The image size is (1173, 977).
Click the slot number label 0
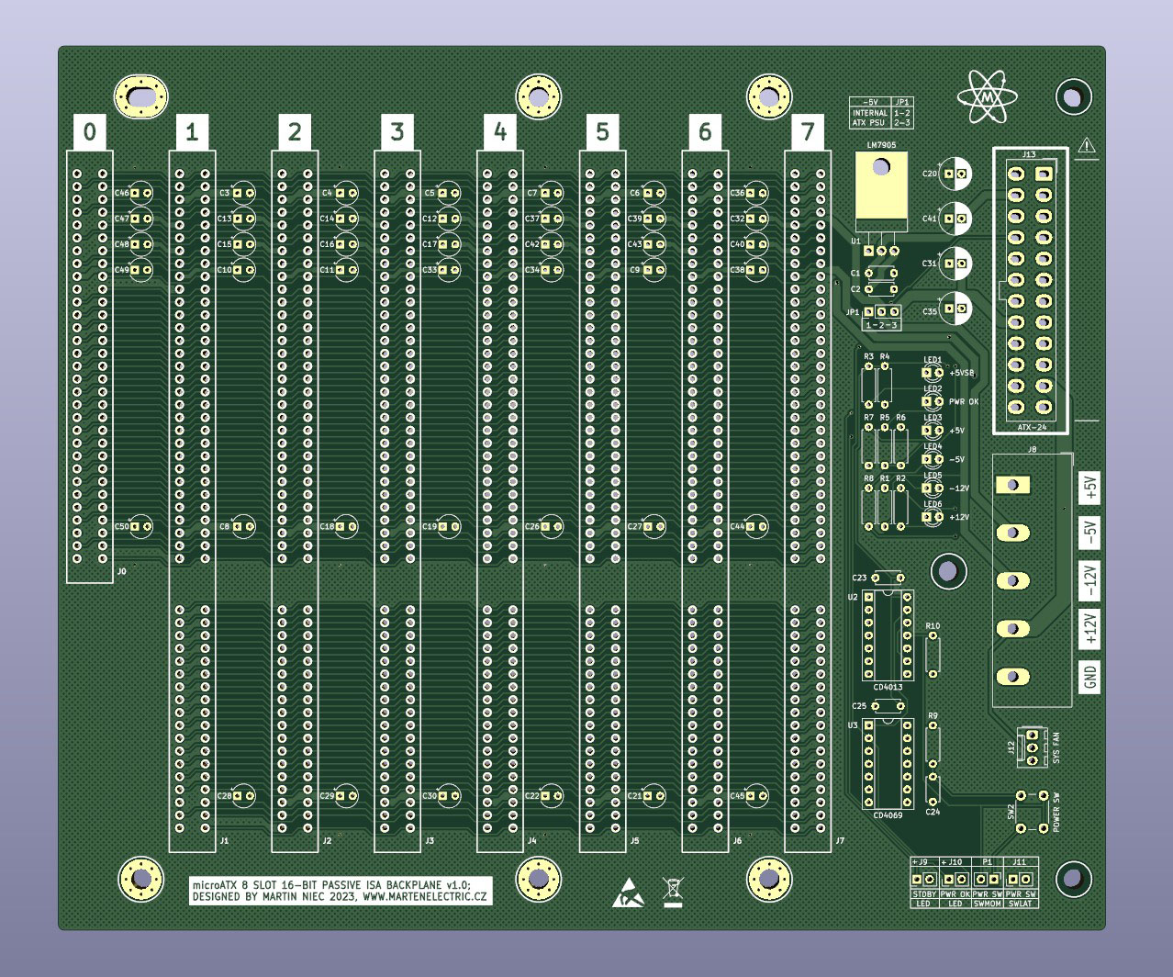click(89, 132)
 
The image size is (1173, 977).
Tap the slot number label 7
click(808, 132)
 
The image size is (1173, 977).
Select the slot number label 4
click(499, 132)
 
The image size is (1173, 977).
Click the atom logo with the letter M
click(987, 96)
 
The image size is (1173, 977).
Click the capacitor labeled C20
click(955, 174)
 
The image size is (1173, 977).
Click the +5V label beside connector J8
click(1089, 487)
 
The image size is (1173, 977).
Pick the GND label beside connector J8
click(1089, 678)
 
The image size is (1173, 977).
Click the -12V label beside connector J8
click(1089, 578)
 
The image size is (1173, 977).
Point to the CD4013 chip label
click(888, 687)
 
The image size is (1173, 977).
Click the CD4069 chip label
click(888, 815)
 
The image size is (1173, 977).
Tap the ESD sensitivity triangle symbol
click(629, 892)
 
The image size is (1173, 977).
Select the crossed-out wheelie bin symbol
click(673, 891)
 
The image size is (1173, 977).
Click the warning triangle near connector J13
click(1088, 145)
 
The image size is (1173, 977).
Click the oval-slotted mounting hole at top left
click(140, 96)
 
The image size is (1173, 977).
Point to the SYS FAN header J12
click(1033, 747)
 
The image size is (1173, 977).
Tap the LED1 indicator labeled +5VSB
click(933, 373)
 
